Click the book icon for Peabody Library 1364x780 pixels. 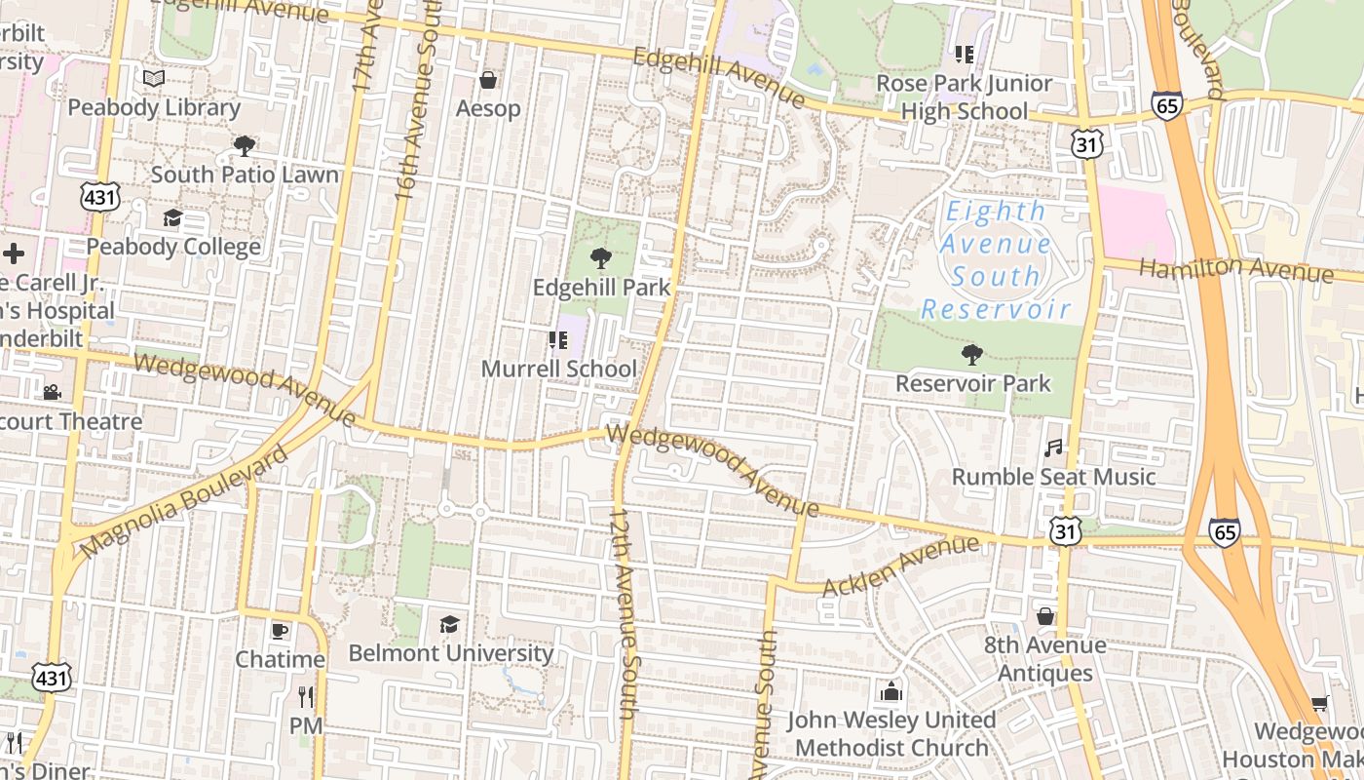pos(154,78)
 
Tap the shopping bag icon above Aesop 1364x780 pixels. pos(488,79)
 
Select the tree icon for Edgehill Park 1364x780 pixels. pos(601,258)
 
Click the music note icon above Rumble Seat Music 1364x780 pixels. pos(1053,448)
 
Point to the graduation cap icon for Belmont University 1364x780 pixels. pos(449,623)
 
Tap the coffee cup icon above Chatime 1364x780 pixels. pos(280,630)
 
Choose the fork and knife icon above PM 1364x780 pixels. pos(306,696)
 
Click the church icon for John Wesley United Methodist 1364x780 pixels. pos(890,691)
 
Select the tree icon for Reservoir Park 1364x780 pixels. pos(971,354)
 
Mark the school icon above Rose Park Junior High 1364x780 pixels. pos(965,55)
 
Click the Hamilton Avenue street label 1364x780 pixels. pos(1234,268)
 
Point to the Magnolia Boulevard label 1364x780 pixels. pos(184,502)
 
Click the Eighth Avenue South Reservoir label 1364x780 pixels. pos(996,260)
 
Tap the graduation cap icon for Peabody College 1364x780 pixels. pos(172,217)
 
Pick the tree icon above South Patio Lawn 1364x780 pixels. pos(244,146)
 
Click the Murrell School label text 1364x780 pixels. pos(558,370)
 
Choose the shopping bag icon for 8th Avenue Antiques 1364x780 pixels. pos(1045,616)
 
